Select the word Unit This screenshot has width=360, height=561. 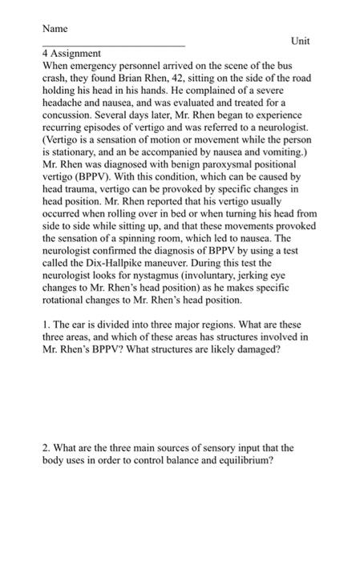301,41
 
